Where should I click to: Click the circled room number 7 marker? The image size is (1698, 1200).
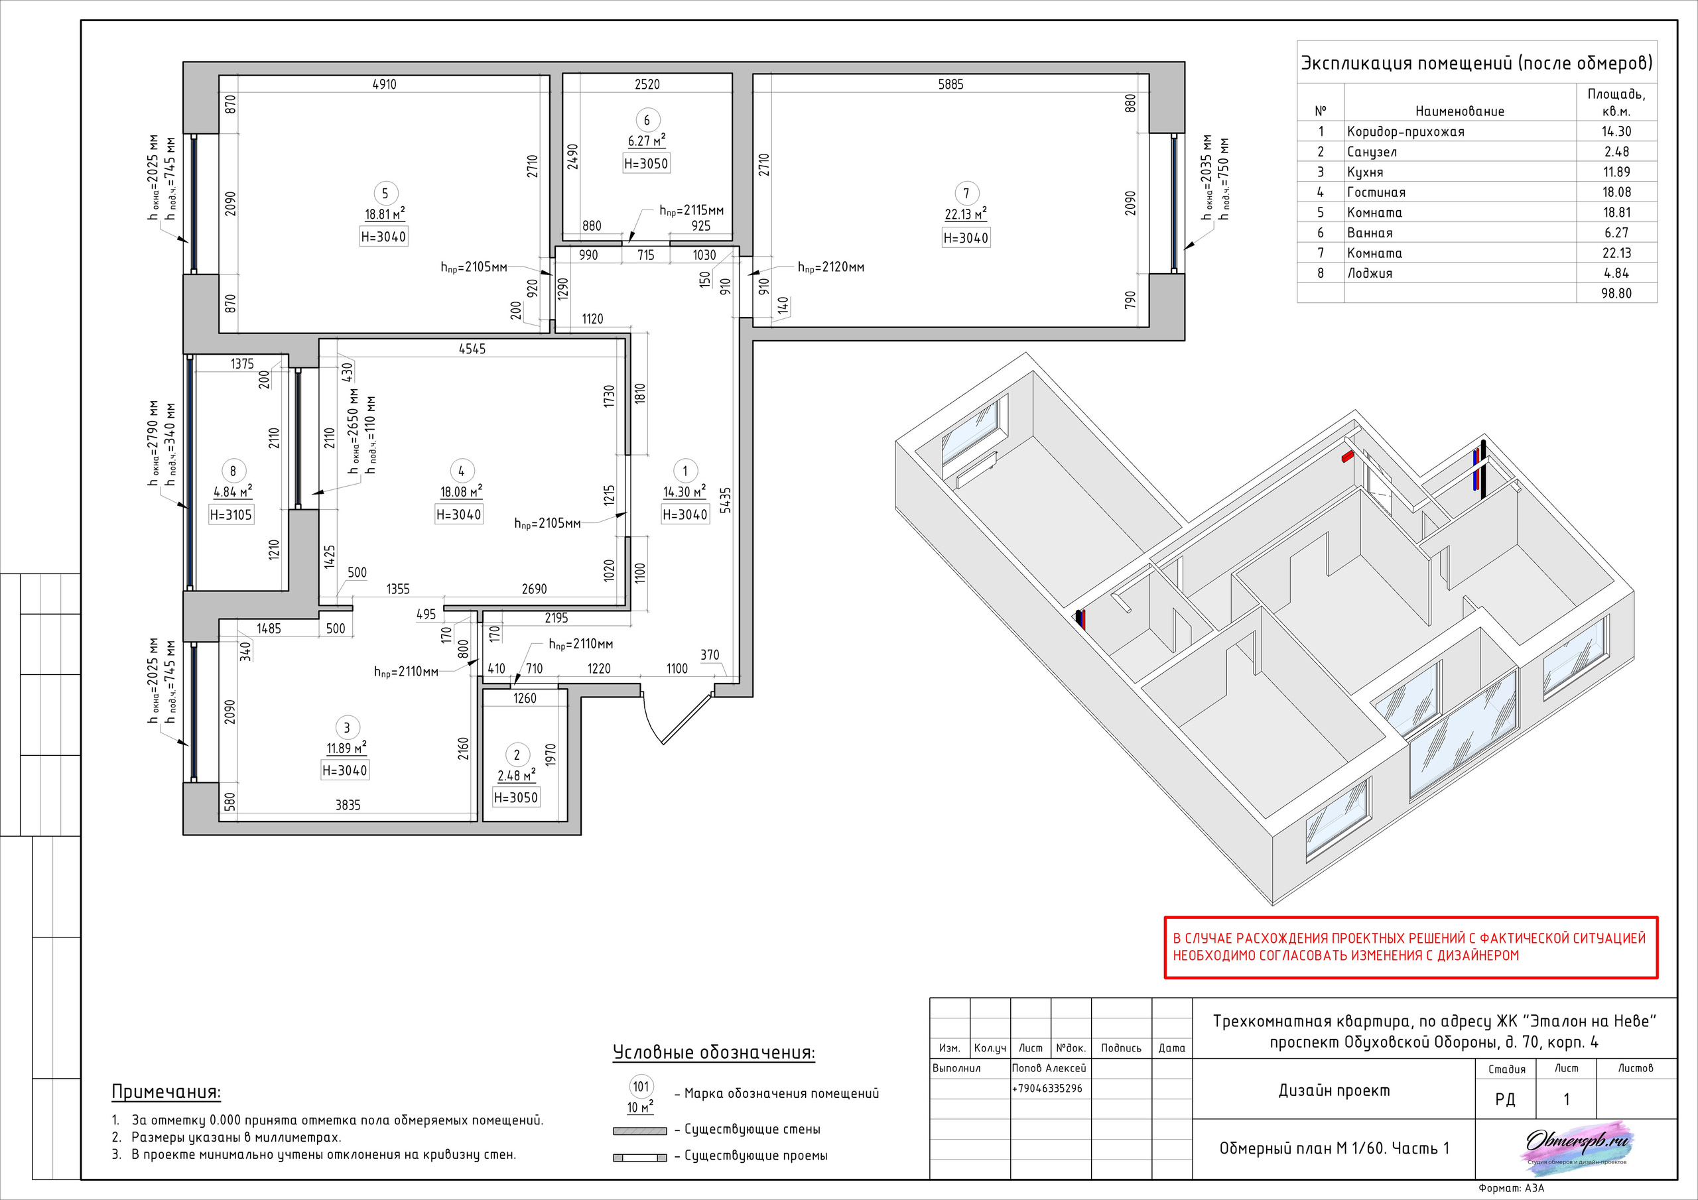[966, 193]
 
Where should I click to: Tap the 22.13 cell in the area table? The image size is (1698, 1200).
[1616, 253]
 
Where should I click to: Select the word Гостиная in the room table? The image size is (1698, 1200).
[1376, 192]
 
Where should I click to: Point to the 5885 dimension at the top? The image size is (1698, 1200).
[950, 84]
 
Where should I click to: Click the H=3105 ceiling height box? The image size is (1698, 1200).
[231, 514]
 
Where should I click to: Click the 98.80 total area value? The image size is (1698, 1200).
[1616, 294]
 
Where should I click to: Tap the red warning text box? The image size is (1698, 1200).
[1410, 947]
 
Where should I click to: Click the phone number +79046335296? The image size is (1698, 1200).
[1047, 1089]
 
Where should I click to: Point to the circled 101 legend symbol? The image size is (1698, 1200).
[641, 1086]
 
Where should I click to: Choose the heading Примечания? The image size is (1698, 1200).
[166, 1091]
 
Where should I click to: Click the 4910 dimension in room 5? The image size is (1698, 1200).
[384, 84]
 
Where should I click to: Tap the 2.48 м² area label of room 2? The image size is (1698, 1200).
[515, 776]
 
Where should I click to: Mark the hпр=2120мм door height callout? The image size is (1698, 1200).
[830, 267]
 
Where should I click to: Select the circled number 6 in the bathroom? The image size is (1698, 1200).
[646, 120]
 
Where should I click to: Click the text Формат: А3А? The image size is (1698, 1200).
[1511, 1188]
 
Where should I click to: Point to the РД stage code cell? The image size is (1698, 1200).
[1504, 1099]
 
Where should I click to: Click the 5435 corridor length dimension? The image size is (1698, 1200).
[726, 500]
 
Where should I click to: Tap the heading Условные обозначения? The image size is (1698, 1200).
[713, 1052]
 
